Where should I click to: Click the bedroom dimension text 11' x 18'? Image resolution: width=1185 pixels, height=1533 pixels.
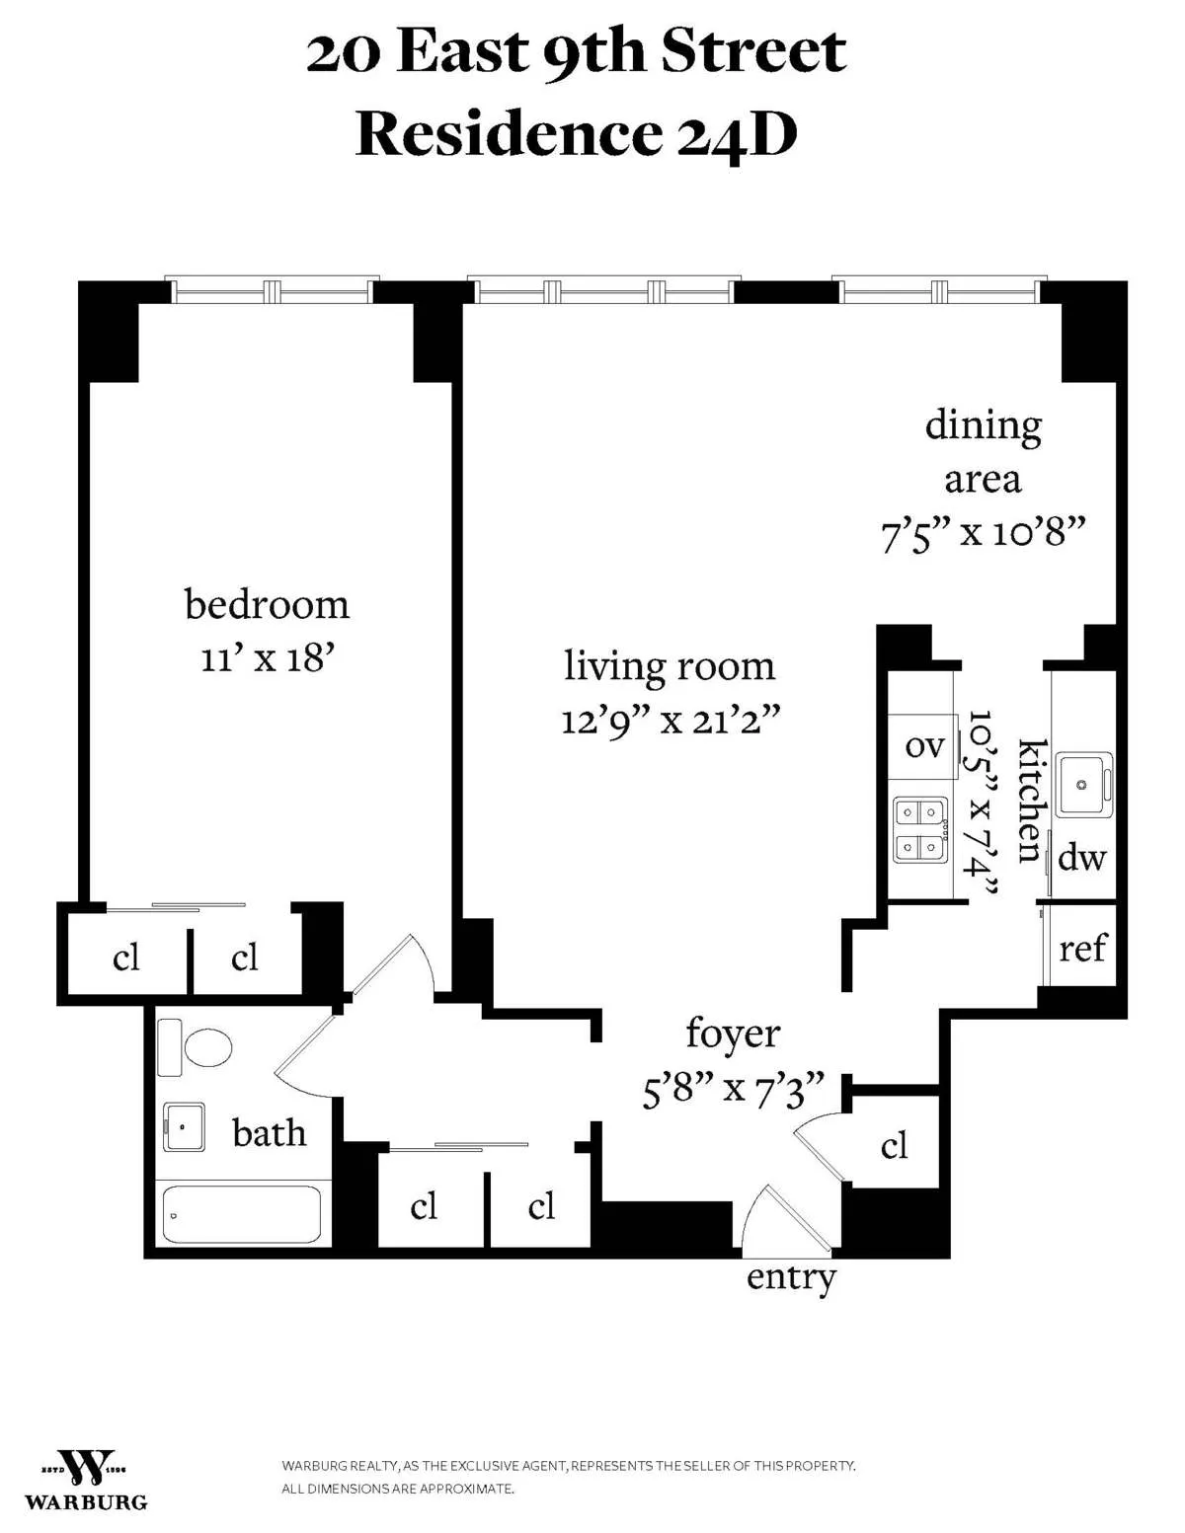[268, 658]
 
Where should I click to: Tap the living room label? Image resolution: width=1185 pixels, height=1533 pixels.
[670, 666]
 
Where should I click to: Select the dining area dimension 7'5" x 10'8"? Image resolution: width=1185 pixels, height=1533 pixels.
[983, 534]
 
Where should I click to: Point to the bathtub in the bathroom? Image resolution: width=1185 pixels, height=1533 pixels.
[242, 1214]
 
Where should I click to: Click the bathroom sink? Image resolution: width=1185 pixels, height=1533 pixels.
[184, 1126]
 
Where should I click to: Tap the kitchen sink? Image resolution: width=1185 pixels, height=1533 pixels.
[1083, 784]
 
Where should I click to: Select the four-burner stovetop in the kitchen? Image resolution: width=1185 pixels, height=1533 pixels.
[920, 829]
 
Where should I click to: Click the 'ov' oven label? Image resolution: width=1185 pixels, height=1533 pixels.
[924, 746]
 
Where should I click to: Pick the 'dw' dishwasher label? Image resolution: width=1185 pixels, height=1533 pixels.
[1081, 858]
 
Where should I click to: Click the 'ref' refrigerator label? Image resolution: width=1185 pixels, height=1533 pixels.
[1082, 949]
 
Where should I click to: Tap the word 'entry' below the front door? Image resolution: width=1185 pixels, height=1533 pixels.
[791, 1277]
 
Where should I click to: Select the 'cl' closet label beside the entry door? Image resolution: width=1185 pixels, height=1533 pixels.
[894, 1145]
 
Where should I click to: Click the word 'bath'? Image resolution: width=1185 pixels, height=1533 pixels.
[269, 1133]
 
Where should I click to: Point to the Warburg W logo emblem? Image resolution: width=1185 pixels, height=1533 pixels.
[85, 1468]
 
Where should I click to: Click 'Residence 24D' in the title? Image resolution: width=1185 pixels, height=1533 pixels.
[576, 134]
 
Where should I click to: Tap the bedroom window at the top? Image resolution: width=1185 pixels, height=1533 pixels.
[272, 290]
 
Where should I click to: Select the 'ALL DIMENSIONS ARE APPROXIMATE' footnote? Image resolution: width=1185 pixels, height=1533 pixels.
[397, 1489]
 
